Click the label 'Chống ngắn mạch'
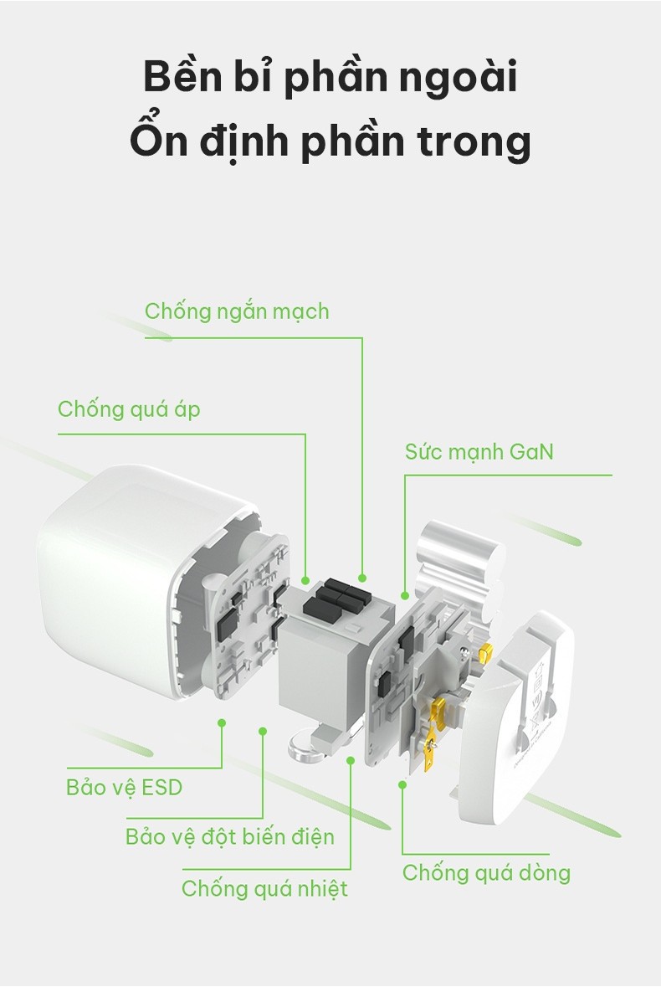(x=237, y=311)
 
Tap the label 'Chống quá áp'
(x=129, y=409)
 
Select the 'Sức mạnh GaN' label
(x=479, y=451)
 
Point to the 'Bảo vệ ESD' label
(x=124, y=788)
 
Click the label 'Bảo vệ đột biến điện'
(x=230, y=836)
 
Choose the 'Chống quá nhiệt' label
(x=264, y=889)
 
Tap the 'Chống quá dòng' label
(x=486, y=873)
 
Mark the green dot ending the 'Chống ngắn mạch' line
(x=362, y=578)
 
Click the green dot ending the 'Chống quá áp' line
(x=305, y=579)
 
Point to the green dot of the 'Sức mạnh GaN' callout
(x=405, y=595)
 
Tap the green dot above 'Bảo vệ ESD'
(x=222, y=723)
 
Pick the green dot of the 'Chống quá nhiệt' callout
(x=351, y=760)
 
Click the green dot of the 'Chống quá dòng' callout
(x=402, y=784)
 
